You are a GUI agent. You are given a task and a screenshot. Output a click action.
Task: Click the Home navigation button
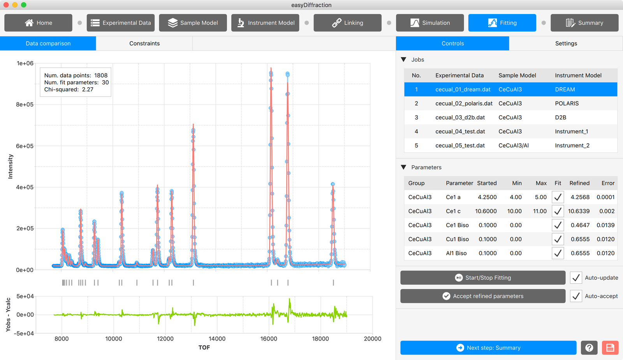[x=38, y=23]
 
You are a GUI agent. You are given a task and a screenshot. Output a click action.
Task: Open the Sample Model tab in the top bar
[x=193, y=23]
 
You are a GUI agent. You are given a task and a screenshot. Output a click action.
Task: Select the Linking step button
[x=347, y=23]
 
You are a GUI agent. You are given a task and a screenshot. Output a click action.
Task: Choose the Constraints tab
[x=144, y=43]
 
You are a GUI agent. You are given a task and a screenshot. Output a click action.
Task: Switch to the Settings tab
[x=566, y=43]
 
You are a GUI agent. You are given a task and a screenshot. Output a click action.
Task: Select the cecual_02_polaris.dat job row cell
[x=464, y=104]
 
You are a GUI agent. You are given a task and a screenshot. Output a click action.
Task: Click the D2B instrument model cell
[x=560, y=117]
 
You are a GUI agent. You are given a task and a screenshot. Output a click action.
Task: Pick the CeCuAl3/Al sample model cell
[x=514, y=146]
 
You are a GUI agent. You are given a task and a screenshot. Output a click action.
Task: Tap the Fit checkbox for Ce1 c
[x=558, y=211]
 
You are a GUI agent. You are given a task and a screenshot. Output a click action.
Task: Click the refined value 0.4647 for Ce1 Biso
[x=580, y=225]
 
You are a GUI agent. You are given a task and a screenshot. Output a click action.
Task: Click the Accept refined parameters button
[x=483, y=296]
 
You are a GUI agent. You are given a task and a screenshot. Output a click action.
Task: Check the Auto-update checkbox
[x=576, y=278]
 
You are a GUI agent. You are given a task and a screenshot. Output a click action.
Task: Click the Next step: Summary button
[x=488, y=348]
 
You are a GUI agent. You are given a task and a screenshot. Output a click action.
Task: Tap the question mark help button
[x=589, y=348]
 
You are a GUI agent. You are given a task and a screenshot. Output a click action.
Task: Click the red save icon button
[x=610, y=348]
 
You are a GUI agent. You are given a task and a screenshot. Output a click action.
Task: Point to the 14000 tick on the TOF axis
[x=217, y=339]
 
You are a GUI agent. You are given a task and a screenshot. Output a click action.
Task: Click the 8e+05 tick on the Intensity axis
[x=25, y=105]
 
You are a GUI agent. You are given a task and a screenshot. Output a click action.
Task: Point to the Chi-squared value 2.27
[x=88, y=90]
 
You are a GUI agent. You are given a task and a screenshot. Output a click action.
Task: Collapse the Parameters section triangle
[x=403, y=167]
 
